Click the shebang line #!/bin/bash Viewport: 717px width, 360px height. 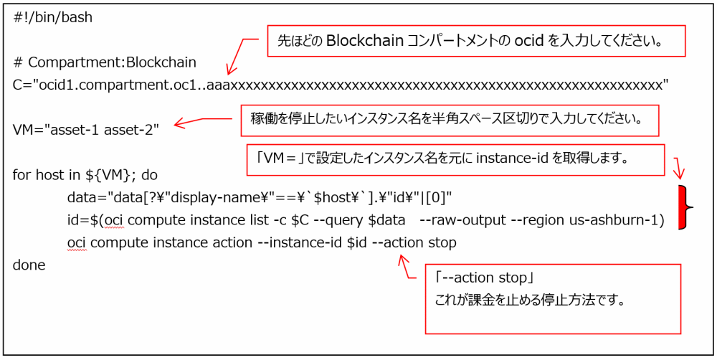(53, 17)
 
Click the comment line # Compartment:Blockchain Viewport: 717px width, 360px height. (105, 62)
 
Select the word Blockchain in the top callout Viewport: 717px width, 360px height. (363, 41)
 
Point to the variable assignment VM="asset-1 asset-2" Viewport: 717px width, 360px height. (86, 130)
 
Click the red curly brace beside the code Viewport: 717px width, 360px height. (688, 207)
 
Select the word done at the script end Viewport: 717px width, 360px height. (29, 265)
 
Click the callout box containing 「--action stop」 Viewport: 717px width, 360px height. (552, 298)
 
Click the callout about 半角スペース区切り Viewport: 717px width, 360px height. (450, 121)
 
